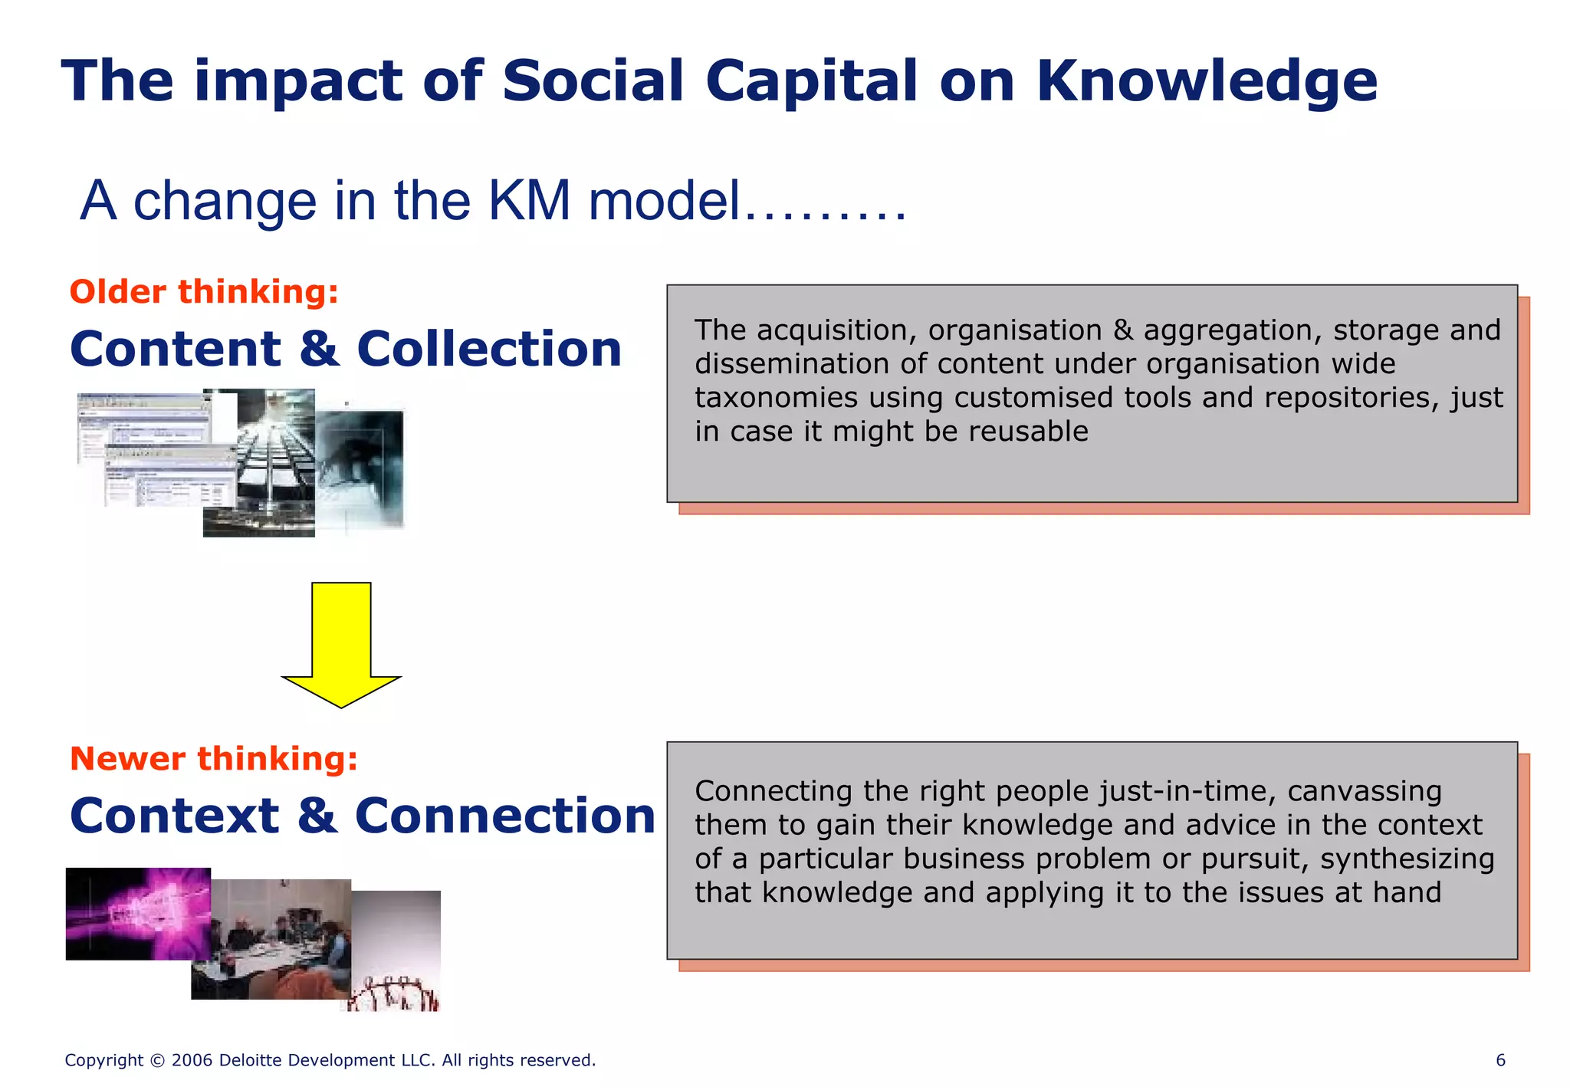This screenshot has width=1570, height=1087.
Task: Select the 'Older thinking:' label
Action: (204, 292)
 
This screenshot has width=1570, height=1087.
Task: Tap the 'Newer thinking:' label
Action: (214, 758)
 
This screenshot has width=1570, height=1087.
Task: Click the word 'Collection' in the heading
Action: (489, 349)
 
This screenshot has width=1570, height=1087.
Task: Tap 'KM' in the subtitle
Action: (529, 201)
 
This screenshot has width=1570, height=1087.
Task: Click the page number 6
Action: (1500, 1060)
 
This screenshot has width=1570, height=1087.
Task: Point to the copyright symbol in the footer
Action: (158, 1061)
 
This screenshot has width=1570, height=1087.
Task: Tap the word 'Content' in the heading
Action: (176, 349)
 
